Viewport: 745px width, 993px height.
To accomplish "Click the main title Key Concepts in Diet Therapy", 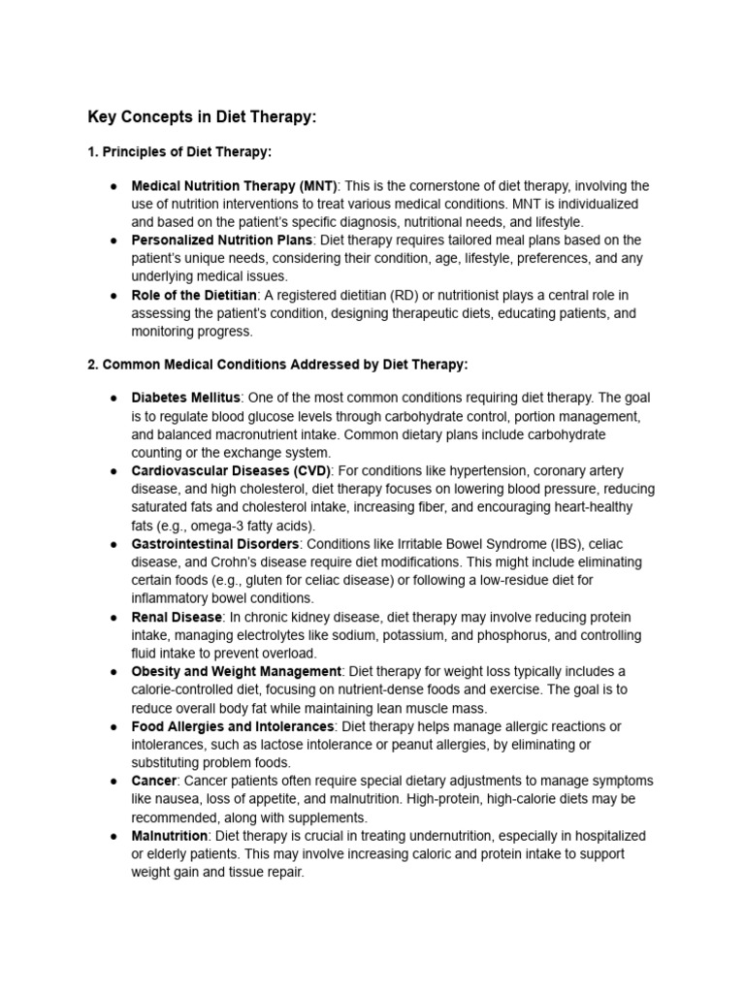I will pyautogui.click(x=202, y=117).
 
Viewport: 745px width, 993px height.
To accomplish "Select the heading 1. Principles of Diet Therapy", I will pyautogui.click(x=179, y=152).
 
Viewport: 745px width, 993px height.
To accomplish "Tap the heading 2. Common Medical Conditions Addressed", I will pyautogui.click(x=277, y=365).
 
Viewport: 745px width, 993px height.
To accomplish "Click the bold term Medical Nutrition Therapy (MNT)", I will pyautogui.click(x=234, y=186).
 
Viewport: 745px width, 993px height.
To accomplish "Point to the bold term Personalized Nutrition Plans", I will pyautogui.click(x=222, y=240).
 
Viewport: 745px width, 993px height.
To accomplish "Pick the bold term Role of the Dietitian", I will pyautogui.click(x=194, y=295).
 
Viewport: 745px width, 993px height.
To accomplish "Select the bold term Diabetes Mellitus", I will pyautogui.click(x=185, y=399).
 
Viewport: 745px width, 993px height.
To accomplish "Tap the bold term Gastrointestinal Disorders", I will pyautogui.click(x=215, y=544).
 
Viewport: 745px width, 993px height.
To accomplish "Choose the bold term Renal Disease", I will pyautogui.click(x=177, y=617).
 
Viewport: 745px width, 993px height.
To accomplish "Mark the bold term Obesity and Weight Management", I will pyautogui.click(x=236, y=671).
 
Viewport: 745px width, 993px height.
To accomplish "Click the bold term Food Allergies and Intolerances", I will pyautogui.click(x=233, y=726).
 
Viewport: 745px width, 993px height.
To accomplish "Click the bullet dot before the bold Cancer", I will pyautogui.click(x=113, y=781).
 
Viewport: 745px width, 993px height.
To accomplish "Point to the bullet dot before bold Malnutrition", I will pyautogui.click(x=113, y=836).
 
